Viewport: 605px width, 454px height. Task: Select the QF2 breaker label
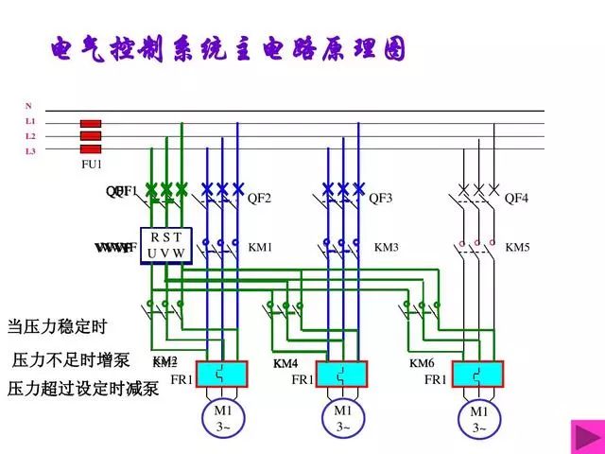point(259,199)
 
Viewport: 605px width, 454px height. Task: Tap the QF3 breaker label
point(380,199)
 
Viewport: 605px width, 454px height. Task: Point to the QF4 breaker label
point(516,199)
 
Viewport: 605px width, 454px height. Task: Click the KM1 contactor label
point(260,248)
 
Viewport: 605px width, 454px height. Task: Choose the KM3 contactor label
point(387,248)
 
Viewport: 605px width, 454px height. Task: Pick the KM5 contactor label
point(517,248)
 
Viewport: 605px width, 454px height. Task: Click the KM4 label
point(285,364)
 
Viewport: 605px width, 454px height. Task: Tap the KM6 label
point(422,364)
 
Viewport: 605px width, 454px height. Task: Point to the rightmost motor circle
point(479,420)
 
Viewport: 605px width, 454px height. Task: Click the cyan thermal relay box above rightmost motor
point(478,375)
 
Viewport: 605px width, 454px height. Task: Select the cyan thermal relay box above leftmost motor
point(221,375)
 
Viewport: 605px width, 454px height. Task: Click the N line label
point(28,106)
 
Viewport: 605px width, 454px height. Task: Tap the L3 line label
point(30,150)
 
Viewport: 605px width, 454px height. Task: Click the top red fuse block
point(91,124)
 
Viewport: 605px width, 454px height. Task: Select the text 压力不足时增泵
point(73,360)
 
